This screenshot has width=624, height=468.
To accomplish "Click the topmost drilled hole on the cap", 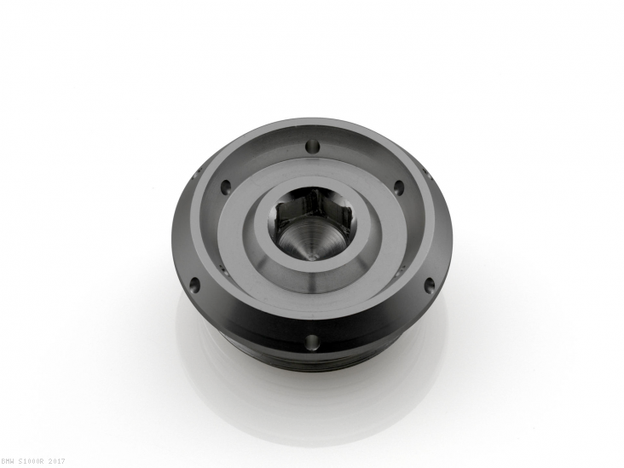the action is coord(314,147).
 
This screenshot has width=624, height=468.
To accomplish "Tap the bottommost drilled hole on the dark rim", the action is coord(312,342).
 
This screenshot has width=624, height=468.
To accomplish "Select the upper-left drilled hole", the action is coord(227,186).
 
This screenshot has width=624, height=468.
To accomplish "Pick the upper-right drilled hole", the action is coord(399,186).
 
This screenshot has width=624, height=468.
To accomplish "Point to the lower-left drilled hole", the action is coord(194,284).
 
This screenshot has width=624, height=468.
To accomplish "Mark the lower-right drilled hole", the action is coord(430,284).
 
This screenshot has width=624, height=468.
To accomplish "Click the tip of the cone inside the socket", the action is coord(313,257).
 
